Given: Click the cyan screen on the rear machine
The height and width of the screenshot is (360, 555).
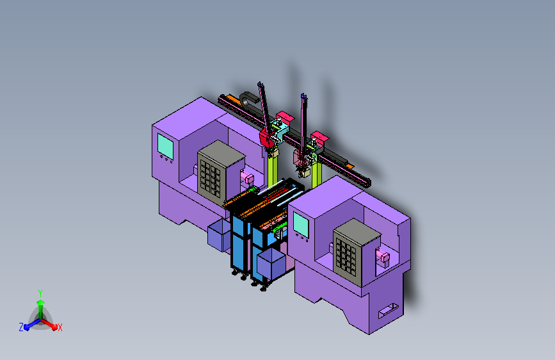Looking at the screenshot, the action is (165, 146).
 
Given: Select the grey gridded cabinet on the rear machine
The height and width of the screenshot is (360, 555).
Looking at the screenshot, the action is (221, 169).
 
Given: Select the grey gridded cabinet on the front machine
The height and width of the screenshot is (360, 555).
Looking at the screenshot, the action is (357, 252).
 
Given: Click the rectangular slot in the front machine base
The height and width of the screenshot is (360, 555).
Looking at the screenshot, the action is (388, 311).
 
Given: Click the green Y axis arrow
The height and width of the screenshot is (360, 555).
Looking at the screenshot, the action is (40, 307).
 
